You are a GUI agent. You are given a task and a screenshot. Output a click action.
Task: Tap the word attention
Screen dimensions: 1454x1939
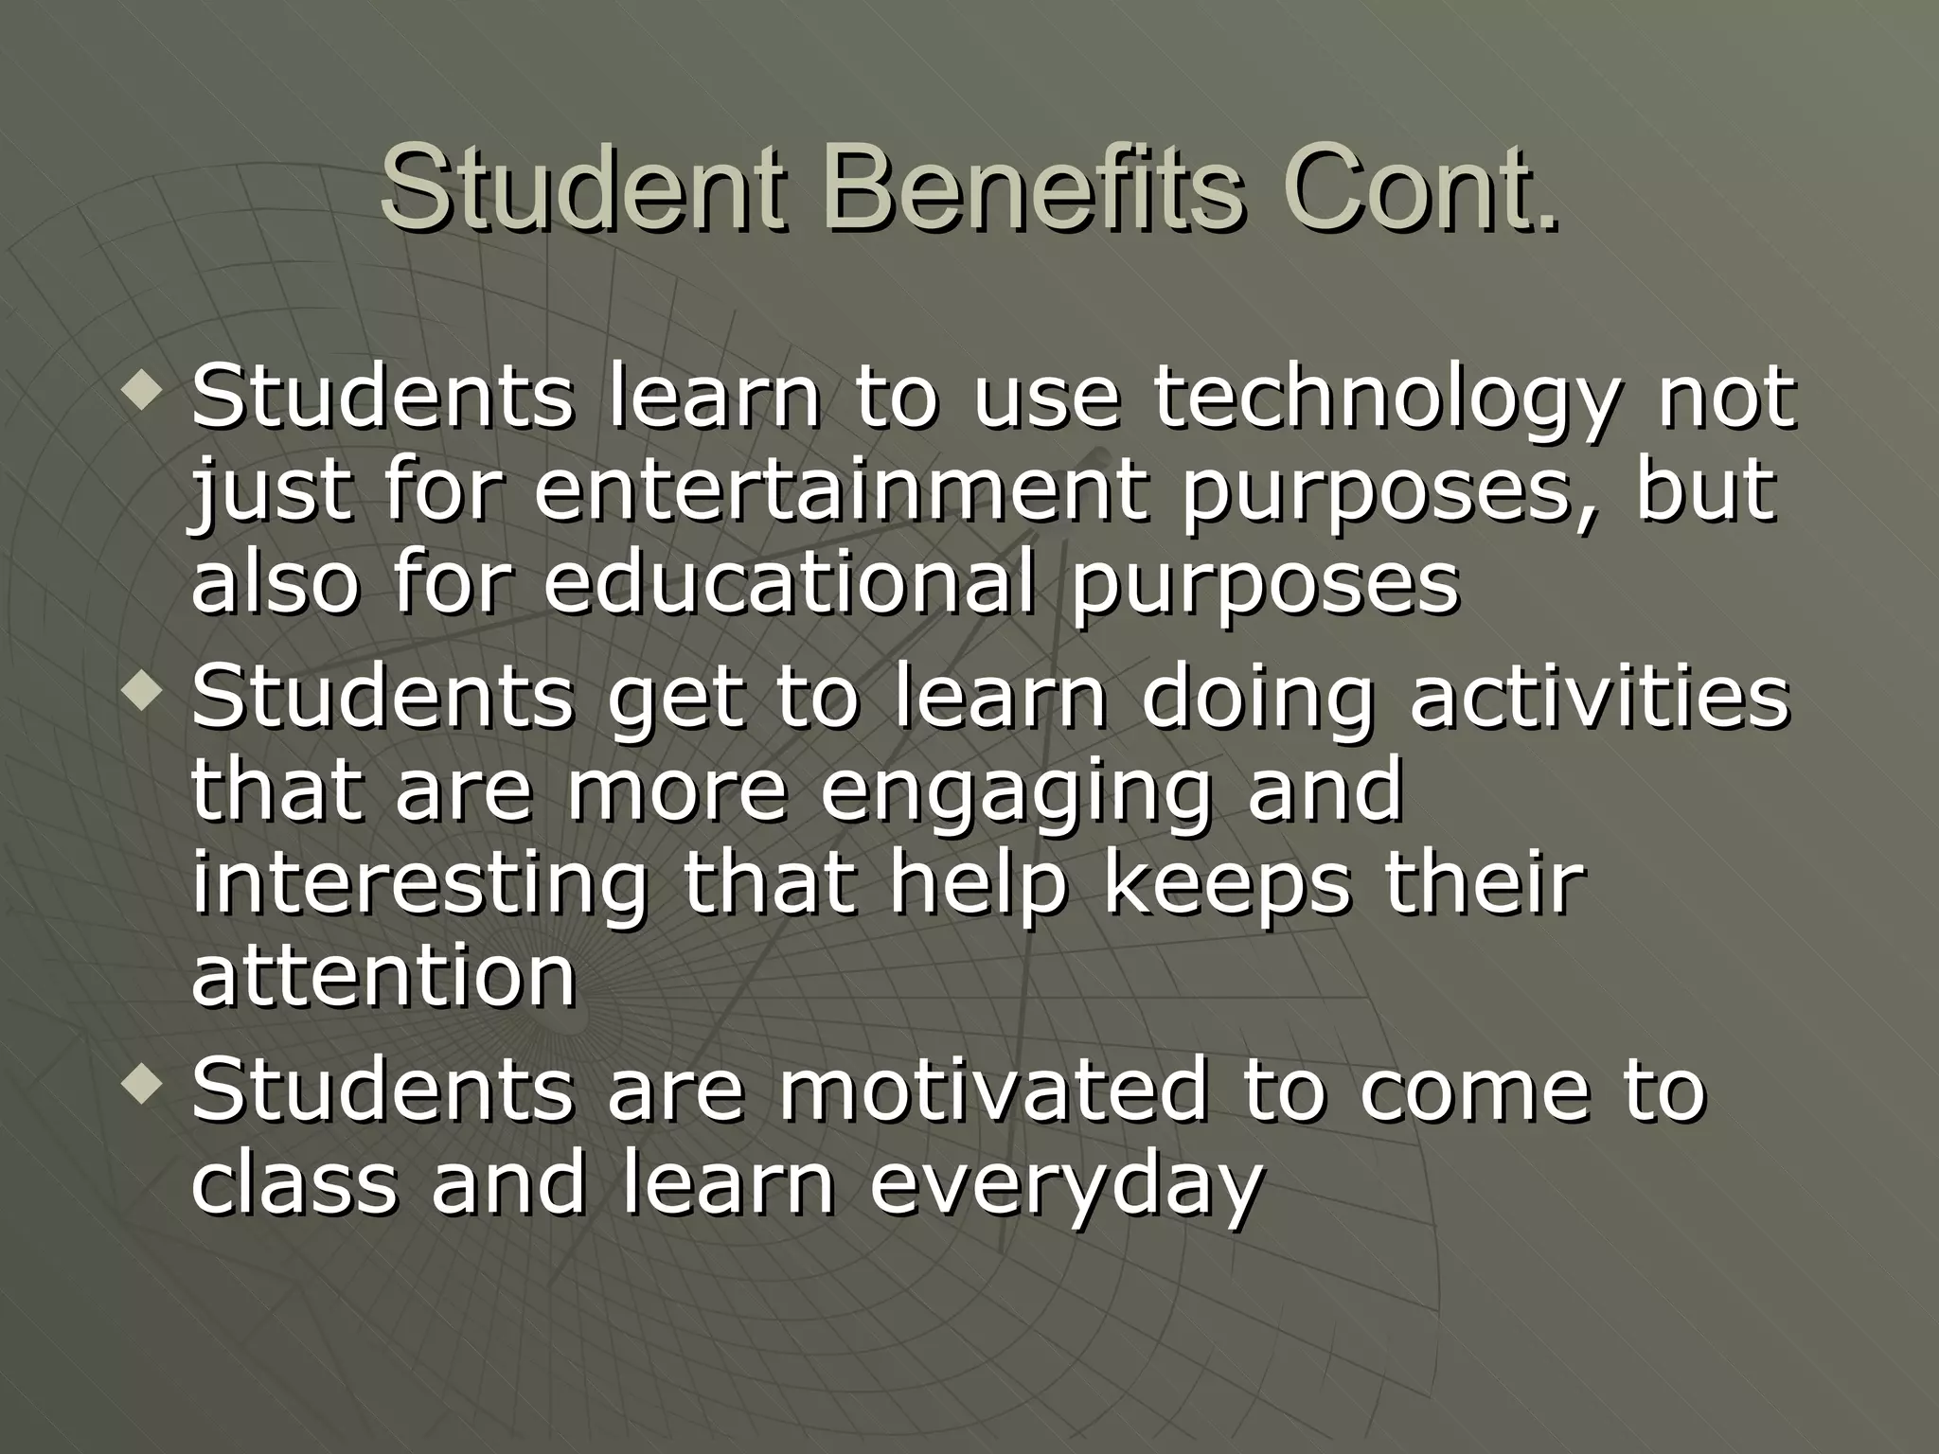[383, 974]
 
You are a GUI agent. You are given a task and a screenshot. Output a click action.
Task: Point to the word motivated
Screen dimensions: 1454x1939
[993, 1090]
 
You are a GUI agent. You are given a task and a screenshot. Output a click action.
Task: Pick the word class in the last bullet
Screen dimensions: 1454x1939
[294, 1182]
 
